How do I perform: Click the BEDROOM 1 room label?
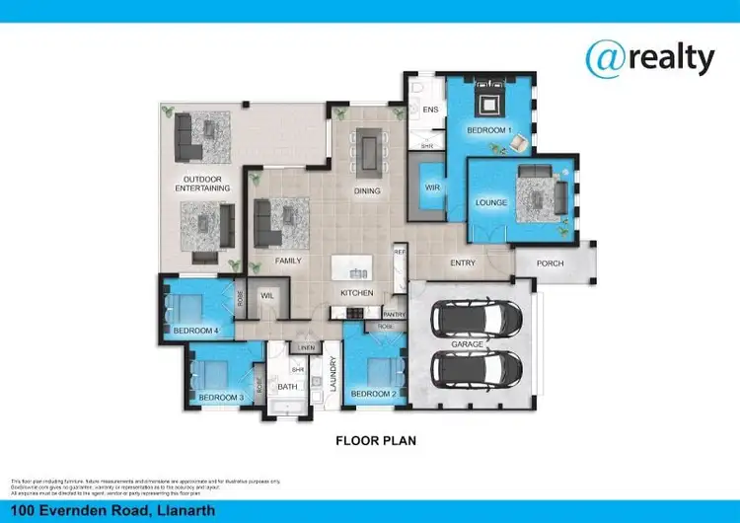488,130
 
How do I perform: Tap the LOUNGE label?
490,202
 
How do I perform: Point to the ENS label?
430,110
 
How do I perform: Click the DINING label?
367,191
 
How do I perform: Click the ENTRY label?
464,263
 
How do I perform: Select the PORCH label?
551,263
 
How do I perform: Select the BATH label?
287,388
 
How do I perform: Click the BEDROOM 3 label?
220,398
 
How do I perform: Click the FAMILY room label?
288,261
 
